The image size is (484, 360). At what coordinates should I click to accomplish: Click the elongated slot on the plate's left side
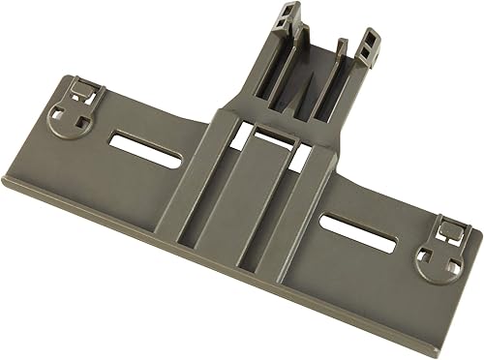coord(138,142)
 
